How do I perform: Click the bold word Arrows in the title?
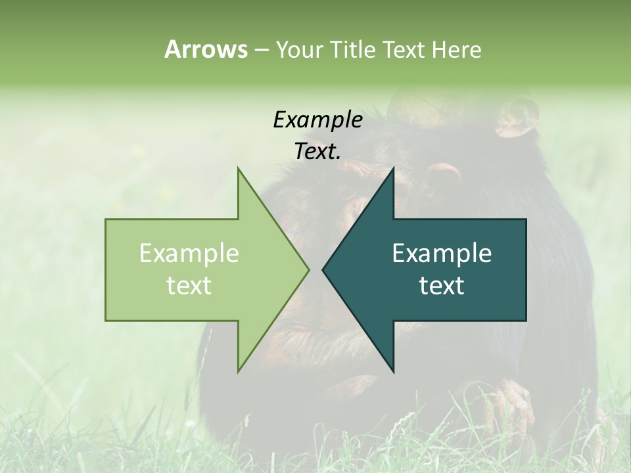[x=206, y=49]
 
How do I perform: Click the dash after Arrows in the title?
[x=261, y=51]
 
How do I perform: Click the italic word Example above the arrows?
[x=317, y=120]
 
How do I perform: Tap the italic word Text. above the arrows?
[x=317, y=152]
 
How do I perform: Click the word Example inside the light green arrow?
[x=189, y=254]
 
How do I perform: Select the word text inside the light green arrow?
[x=189, y=286]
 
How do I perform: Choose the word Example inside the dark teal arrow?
[x=442, y=254]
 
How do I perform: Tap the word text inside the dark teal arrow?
[x=442, y=286]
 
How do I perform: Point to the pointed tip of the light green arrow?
[x=308, y=269]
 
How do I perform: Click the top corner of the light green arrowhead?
[x=239, y=168]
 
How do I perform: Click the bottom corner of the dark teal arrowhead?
[x=393, y=372]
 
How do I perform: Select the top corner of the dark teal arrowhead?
[x=393, y=168]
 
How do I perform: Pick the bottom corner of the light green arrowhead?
[x=239, y=372]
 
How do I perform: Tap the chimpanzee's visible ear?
[x=517, y=118]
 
